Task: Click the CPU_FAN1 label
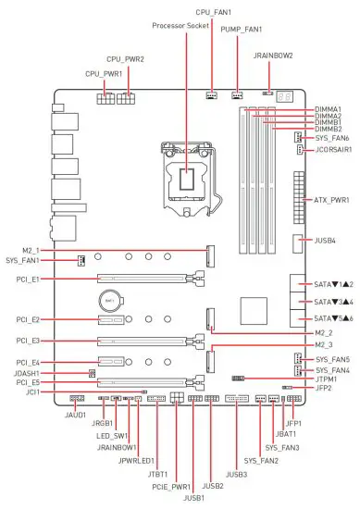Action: pyautogui.click(x=213, y=12)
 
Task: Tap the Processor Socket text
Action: pyautogui.click(x=180, y=26)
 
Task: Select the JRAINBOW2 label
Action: pyautogui.click(x=273, y=56)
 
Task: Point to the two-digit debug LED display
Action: pyautogui.click(x=285, y=96)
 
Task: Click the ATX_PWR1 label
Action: pyautogui.click(x=331, y=200)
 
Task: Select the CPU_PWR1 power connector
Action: pyautogui.click(x=105, y=98)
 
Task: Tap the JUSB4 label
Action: pyautogui.click(x=325, y=241)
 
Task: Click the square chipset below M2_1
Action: pyautogui.click(x=254, y=311)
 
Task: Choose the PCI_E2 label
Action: pyautogui.click(x=28, y=320)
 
